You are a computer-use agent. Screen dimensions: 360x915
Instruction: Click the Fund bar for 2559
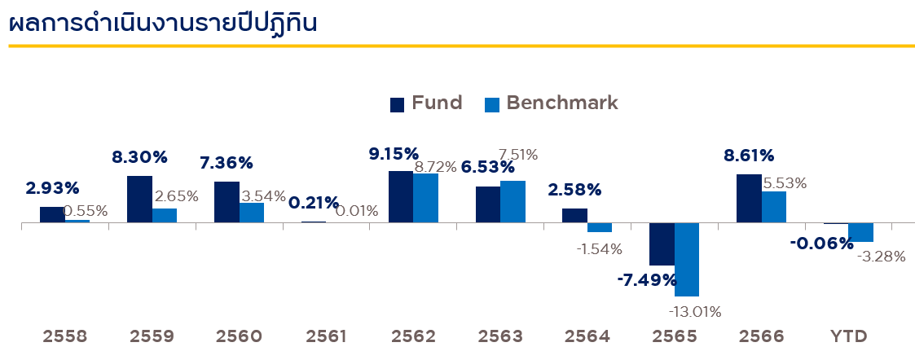point(139,199)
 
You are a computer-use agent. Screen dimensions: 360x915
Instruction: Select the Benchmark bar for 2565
point(687,259)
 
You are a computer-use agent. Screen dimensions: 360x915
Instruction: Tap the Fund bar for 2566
point(749,198)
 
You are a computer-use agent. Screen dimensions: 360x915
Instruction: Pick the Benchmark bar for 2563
point(512,201)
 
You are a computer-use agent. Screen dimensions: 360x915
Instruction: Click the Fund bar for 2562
point(400,196)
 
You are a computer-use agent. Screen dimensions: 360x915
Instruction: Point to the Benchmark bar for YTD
point(860,232)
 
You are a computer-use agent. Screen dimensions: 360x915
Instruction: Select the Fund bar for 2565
point(662,244)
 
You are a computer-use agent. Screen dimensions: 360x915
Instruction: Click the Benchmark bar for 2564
point(600,227)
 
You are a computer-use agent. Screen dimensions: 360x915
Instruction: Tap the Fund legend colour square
point(398,104)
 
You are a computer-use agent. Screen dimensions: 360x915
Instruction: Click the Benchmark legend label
point(562,103)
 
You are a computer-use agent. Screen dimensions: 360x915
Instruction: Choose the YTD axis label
point(848,336)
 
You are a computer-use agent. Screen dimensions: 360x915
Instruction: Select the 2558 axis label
point(65,336)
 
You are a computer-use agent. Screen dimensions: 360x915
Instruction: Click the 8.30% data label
point(139,157)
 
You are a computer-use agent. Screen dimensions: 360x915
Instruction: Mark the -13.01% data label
point(695,312)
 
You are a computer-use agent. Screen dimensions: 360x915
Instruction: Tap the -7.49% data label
point(647,281)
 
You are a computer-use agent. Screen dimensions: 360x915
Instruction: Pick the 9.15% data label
point(394,153)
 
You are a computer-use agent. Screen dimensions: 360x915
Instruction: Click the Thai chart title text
point(162,22)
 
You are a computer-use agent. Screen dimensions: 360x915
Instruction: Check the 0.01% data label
point(356,212)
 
